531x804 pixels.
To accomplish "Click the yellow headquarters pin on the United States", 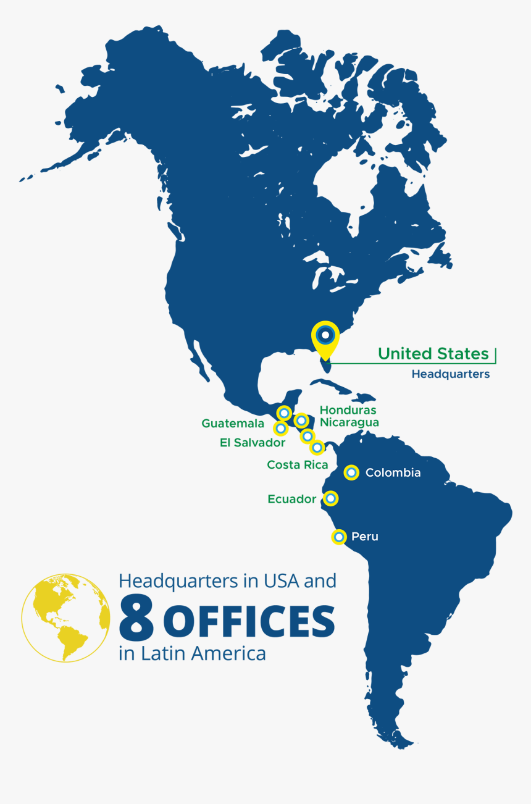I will [x=325, y=337].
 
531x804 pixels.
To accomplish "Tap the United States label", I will [x=433, y=354].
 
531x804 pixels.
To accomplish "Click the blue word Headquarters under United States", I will [x=450, y=374].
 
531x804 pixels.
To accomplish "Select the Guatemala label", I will [x=233, y=424].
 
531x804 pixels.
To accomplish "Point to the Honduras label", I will [x=348, y=410].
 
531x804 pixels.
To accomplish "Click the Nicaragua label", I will [x=349, y=422].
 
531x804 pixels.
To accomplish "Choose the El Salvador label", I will [x=252, y=443].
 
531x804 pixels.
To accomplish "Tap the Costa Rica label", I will [x=297, y=465].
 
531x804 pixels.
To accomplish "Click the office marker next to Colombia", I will [x=351, y=473].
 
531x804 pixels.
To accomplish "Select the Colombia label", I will [x=393, y=473].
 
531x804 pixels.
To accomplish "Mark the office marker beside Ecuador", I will [x=331, y=498].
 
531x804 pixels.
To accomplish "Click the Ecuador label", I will [x=291, y=499].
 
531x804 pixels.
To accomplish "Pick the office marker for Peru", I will [x=338, y=537].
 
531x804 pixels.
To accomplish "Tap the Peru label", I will [x=364, y=537].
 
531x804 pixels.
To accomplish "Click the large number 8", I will [x=136, y=618].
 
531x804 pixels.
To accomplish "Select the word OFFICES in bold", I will [x=250, y=621].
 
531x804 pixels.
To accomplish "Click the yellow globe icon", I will [x=65, y=618].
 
